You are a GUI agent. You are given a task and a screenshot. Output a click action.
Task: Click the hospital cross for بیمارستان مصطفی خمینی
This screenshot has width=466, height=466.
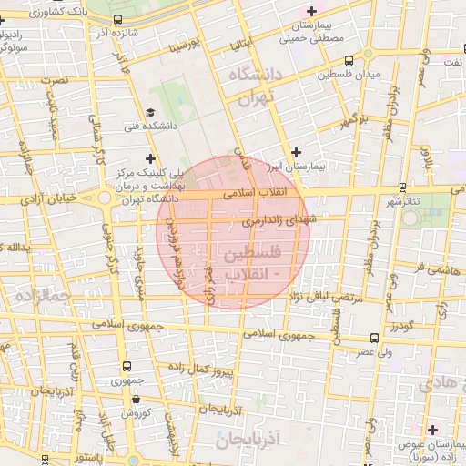coord(312,12)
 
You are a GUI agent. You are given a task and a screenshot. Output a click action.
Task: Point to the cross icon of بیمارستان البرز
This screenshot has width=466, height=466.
coord(295,152)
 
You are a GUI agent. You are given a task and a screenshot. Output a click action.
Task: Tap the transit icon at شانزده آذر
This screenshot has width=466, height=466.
coord(119,19)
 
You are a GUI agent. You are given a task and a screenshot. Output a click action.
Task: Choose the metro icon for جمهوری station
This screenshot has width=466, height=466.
coord(125,367)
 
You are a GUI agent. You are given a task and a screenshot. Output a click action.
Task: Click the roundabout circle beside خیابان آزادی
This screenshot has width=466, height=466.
coord(105,197)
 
